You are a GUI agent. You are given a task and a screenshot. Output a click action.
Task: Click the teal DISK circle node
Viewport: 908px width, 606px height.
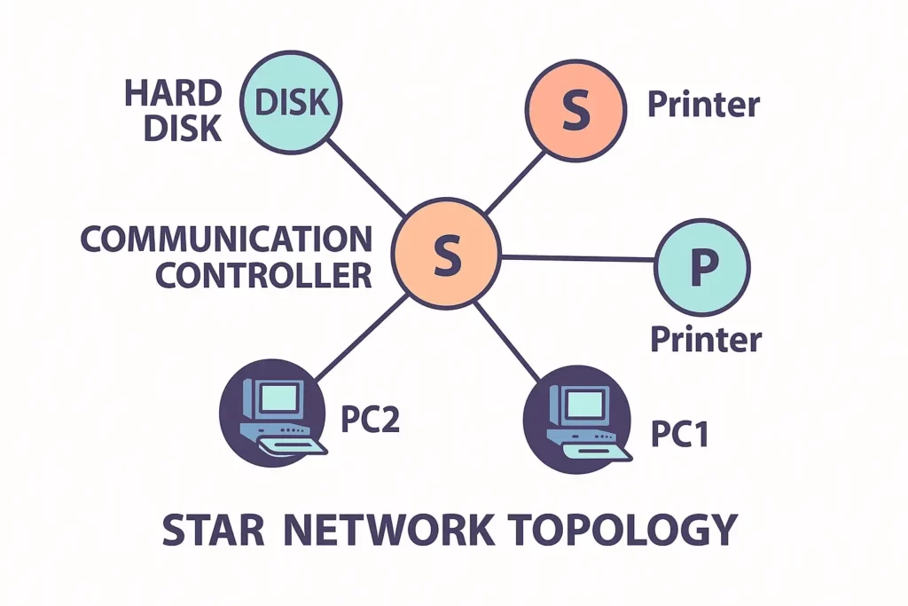[x=292, y=104]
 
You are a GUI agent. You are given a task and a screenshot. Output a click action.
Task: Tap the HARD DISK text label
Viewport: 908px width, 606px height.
[x=173, y=111]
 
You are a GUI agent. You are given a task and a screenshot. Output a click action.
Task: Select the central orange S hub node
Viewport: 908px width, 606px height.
[x=448, y=254]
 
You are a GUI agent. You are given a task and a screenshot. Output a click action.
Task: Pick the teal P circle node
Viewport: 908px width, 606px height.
[x=702, y=267]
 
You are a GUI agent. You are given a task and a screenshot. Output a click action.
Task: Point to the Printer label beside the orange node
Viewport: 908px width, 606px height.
[x=703, y=105]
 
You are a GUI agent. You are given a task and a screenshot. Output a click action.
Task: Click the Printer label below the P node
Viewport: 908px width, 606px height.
[x=706, y=339]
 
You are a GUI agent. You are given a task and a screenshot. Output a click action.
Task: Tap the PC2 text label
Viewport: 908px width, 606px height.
[x=371, y=419]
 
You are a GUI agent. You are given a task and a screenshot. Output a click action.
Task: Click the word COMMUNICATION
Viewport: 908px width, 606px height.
[x=226, y=240]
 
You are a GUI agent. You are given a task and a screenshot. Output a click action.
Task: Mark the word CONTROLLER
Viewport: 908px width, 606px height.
[x=263, y=275]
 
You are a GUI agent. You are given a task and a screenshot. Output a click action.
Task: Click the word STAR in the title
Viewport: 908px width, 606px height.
[x=213, y=530]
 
